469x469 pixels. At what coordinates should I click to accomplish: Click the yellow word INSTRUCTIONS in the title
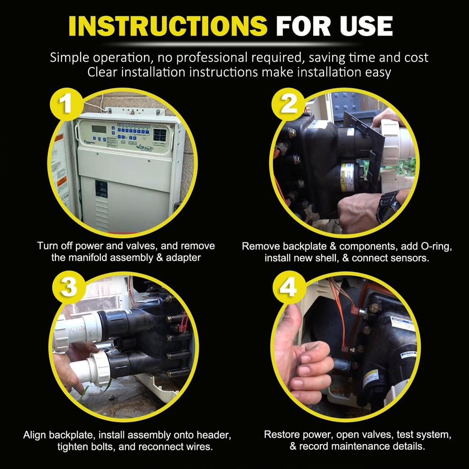[168, 26]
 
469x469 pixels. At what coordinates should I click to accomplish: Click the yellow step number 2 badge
[288, 105]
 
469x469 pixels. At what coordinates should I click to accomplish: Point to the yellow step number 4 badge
[289, 288]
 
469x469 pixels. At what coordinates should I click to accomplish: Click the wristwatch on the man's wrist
[388, 206]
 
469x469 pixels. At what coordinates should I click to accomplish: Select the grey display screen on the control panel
[99, 129]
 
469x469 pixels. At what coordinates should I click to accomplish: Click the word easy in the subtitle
[378, 73]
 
